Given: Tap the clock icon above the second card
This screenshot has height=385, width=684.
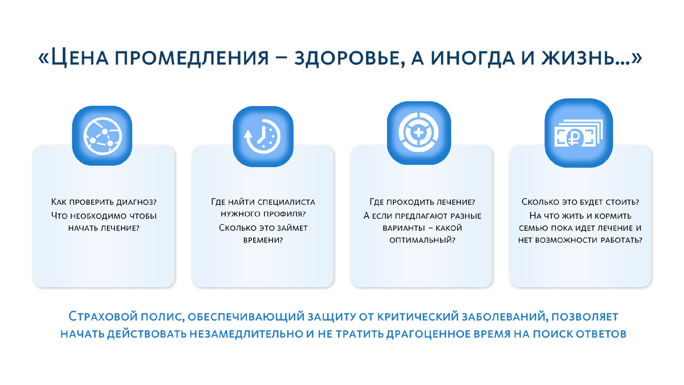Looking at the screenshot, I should pos(261,136).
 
